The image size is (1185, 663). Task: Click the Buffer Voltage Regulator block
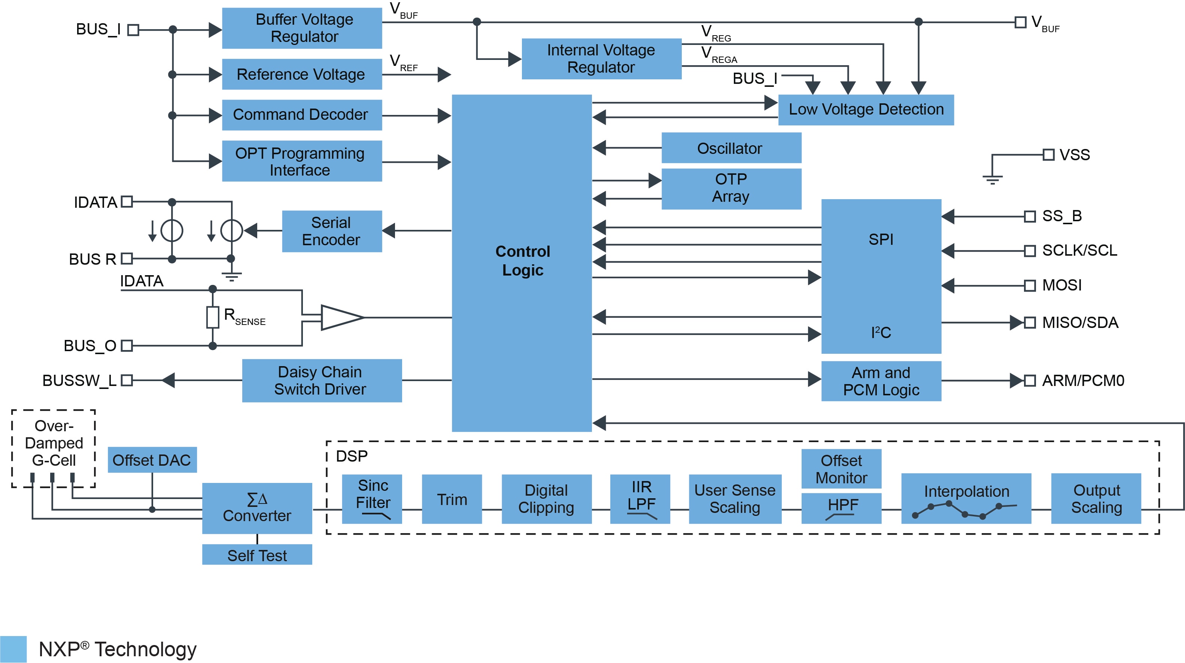302,28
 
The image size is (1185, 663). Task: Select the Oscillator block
731,148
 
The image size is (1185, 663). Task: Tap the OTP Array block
731,189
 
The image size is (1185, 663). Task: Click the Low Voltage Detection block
866,110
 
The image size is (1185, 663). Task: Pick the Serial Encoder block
332,231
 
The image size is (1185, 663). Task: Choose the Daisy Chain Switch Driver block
322,380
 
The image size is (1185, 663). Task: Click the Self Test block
257,555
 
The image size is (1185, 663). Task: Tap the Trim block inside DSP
452,499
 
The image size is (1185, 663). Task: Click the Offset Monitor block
841,469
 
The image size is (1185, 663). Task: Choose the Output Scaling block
1096,499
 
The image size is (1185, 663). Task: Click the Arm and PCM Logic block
881,381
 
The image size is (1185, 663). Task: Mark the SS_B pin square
1030,216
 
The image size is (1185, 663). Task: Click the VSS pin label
1075,155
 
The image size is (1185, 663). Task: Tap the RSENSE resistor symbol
213,317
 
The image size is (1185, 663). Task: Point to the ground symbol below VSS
992,179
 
